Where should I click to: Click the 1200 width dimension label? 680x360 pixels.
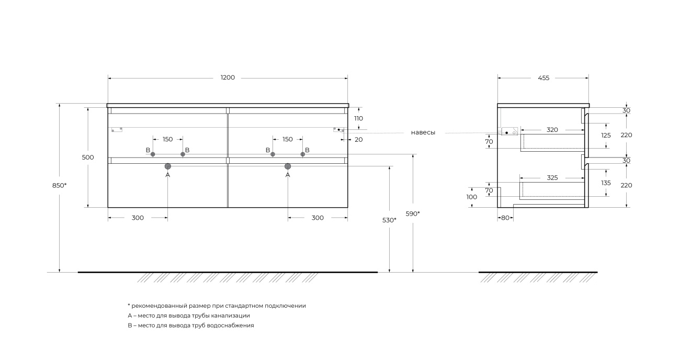pos(228,78)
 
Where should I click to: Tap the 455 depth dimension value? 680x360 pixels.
pos(543,78)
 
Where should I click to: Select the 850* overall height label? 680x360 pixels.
pos(60,185)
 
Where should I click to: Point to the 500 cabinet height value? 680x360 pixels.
pos(88,157)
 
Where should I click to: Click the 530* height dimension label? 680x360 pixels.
pos(389,220)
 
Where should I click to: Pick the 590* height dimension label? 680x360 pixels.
pos(413,214)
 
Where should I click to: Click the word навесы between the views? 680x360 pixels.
pos(423,133)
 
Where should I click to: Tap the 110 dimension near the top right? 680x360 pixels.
pos(358,118)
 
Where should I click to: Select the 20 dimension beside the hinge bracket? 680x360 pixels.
pos(359,140)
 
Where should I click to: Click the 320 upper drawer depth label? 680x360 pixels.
pos(552,130)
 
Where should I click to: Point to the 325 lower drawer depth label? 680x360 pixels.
pos(552,178)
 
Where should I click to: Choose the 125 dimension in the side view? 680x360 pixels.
pos(606,136)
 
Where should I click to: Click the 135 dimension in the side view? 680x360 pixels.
pos(606,183)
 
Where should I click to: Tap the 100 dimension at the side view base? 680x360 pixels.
pos(472,197)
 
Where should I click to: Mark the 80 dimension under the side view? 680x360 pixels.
pos(505,218)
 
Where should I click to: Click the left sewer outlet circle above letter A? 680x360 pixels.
pos(168,166)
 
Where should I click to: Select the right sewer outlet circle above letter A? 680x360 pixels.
pos(288,166)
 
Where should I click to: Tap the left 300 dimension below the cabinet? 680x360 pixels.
pos(138,218)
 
